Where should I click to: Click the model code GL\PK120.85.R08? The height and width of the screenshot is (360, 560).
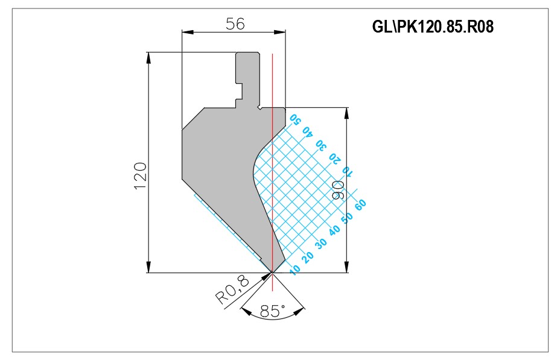click(x=433, y=27)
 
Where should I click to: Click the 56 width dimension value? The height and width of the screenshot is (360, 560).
click(x=235, y=24)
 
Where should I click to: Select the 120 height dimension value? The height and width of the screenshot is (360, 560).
click(x=141, y=176)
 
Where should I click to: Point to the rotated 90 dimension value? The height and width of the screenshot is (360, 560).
click(x=338, y=190)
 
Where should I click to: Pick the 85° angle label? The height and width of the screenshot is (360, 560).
click(x=273, y=311)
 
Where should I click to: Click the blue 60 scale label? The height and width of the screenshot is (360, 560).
click(x=360, y=204)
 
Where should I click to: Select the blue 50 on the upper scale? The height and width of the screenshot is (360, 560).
click(x=295, y=119)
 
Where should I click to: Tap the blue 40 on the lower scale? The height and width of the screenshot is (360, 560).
click(x=334, y=230)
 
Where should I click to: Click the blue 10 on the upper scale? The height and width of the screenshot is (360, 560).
click(x=348, y=172)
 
